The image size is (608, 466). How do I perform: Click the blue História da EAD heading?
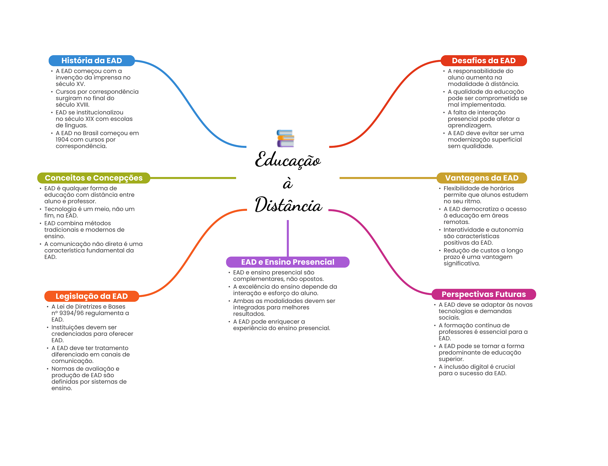pos(91,61)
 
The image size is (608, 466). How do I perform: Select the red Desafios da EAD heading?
pos(484,61)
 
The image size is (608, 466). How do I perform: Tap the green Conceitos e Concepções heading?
pos(94,178)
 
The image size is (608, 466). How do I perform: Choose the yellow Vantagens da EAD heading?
pos(482,178)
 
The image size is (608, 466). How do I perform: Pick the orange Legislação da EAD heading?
pos(91,296)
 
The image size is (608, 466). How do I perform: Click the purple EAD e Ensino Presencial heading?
pos(287,262)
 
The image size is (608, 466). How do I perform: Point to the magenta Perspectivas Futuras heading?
pos(484,294)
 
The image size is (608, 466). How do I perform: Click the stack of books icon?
pos(285,138)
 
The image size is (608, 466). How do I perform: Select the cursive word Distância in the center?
pos(288,205)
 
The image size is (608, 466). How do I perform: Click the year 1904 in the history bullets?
pos(62,140)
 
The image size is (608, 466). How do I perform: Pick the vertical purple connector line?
pos(288,238)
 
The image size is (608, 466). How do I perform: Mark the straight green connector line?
pos(193,178)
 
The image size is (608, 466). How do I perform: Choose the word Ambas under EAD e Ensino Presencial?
pos(243,301)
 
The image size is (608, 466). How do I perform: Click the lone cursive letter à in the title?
pos(288,184)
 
